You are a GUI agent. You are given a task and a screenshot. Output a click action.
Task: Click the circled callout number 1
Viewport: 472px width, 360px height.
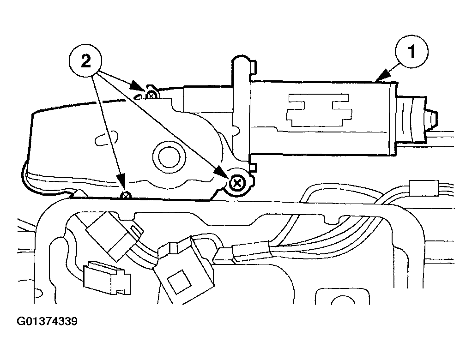pyautogui.click(x=411, y=51)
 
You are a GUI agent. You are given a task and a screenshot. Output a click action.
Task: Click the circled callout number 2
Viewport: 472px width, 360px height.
pyautogui.click(x=86, y=61)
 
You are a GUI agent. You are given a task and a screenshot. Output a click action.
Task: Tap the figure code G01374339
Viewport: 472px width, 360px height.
pyautogui.click(x=47, y=321)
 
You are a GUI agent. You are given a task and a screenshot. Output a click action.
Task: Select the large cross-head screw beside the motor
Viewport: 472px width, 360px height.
pyautogui.click(x=237, y=183)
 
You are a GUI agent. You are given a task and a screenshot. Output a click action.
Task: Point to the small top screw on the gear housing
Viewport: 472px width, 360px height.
pyautogui.click(x=151, y=96)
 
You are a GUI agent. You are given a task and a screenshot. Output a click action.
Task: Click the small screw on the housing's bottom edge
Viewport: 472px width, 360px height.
pyautogui.click(x=126, y=196)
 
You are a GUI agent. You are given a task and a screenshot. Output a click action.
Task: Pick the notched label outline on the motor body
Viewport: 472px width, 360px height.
pyautogui.click(x=319, y=110)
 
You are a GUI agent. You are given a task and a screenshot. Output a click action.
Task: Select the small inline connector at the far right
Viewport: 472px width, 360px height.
pyautogui.click(x=423, y=188)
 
